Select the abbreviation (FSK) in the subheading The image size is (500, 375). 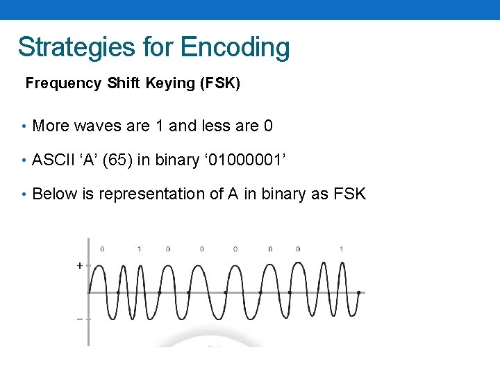click(220, 83)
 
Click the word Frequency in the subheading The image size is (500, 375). click(63, 83)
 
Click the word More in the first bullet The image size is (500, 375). click(51, 126)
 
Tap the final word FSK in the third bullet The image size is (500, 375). click(349, 194)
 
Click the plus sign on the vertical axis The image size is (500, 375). click(80, 265)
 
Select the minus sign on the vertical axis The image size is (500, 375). click(80, 319)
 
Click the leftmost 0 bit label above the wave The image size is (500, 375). click(103, 249)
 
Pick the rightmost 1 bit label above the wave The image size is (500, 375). click(341, 249)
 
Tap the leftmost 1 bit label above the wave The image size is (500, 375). click(140, 249)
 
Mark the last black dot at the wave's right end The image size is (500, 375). click(358, 292)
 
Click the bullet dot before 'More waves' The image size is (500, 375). click(24, 126)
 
